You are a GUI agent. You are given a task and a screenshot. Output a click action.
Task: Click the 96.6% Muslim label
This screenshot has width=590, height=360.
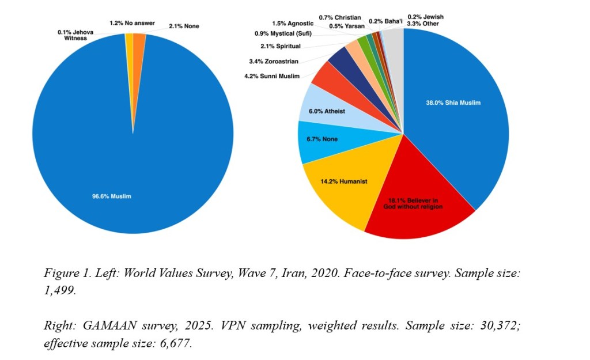[x=112, y=196]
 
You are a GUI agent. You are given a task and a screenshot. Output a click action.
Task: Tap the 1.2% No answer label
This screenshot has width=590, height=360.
[x=132, y=23]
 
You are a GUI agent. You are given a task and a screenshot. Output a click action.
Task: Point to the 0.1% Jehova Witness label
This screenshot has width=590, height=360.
[x=75, y=35]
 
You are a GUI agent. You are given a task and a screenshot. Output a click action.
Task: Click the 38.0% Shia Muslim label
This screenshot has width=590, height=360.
[x=453, y=103]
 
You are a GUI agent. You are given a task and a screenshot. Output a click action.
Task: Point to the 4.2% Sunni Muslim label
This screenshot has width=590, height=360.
[x=272, y=77]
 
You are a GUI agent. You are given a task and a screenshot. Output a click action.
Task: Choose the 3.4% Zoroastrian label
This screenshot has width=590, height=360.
[x=274, y=61]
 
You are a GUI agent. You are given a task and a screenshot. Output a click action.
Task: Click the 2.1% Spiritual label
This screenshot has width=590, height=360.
[x=281, y=46]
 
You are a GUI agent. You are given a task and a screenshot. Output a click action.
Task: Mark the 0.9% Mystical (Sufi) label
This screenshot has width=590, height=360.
[x=283, y=33]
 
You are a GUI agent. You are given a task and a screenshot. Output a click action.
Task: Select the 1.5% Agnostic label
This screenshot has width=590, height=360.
[x=293, y=23]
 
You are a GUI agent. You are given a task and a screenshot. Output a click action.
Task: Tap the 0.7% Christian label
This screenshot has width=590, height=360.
[x=340, y=18]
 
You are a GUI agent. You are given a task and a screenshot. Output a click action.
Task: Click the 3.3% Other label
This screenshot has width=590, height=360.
[x=423, y=24]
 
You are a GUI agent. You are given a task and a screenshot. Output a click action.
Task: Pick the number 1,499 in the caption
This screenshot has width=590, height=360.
[x=59, y=290]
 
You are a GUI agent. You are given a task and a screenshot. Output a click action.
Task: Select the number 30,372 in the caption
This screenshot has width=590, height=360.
[x=500, y=325]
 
